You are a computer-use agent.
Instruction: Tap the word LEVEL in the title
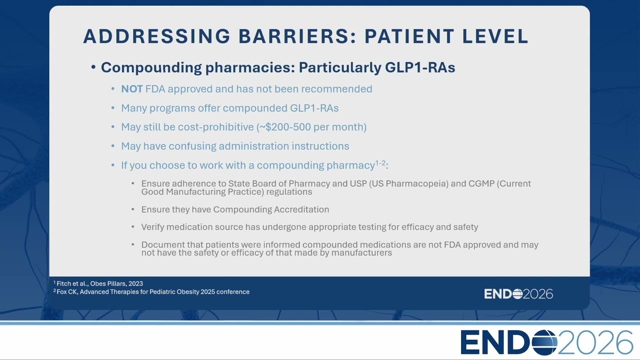495,36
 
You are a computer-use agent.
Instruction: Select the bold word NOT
131,89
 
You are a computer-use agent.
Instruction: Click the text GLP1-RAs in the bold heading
420,67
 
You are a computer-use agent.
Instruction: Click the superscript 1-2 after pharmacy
380,163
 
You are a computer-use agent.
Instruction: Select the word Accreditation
301,209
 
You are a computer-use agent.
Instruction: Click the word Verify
152,227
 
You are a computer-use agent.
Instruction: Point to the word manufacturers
361,252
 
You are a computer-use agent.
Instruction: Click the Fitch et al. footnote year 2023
135,283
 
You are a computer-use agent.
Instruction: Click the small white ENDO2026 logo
518,294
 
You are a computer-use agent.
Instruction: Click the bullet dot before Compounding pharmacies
93,67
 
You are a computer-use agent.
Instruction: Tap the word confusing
192,146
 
